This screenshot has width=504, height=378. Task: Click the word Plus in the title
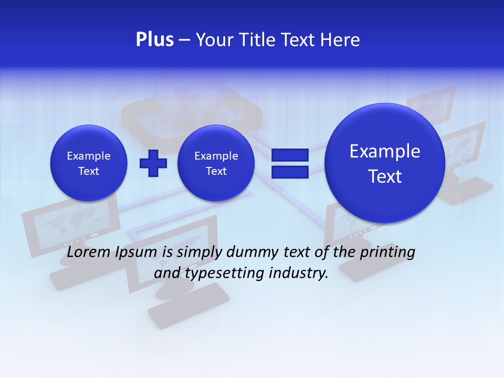point(154,40)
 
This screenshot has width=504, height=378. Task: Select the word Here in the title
point(342,40)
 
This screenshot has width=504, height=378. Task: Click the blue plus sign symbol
point(153,163)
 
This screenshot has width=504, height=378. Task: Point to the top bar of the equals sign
point(290,155)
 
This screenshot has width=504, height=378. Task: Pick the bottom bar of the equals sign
point(290,172)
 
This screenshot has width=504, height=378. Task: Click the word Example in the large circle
point(385,151)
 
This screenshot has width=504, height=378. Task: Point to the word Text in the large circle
point(385,176)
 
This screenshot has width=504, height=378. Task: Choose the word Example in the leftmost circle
point(89,156)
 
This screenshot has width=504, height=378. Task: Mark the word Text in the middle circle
point(216,171)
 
